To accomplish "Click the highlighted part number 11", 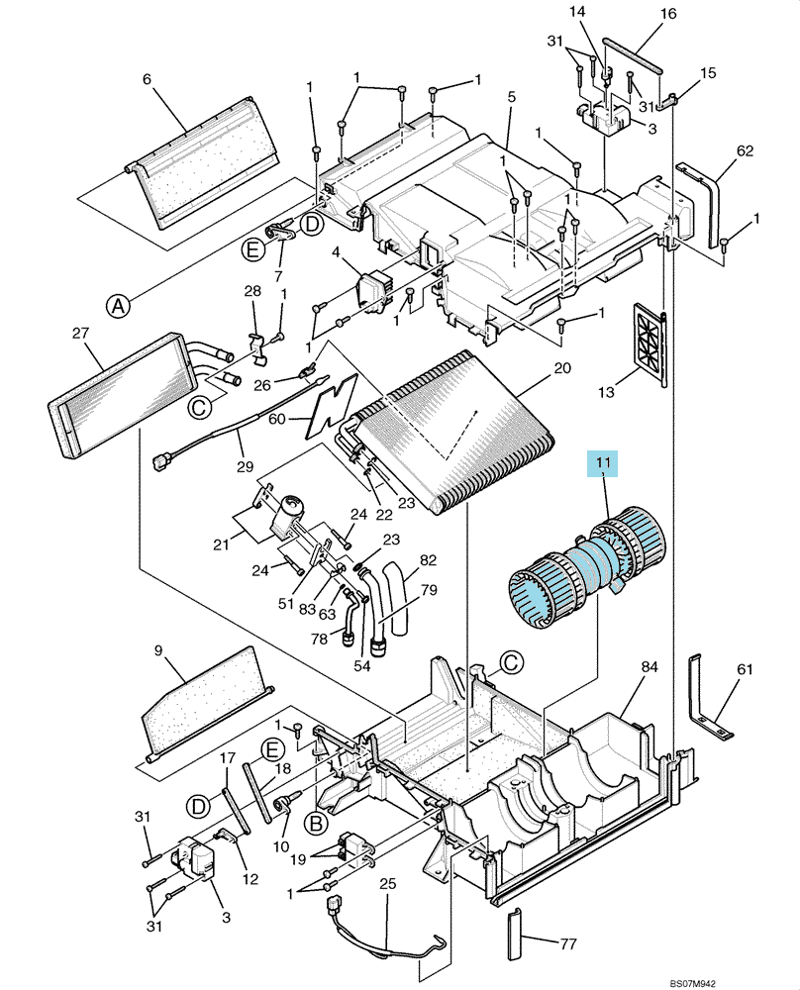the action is (x=603, y=463).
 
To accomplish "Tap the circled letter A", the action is (x=117, y=306).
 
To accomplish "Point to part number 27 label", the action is (x=81, y=333).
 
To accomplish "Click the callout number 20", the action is (x=562, y=367).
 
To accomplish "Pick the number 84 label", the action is (x=650, y=666).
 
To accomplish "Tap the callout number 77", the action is (x=568, y=944).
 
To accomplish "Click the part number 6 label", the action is (x=148, y=79).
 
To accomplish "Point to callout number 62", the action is (x=746, y=150).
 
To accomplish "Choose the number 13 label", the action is (x=606, y=392).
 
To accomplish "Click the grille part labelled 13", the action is (x=650, y=345).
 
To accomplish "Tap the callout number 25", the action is (x=388, y=883).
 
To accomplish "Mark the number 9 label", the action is (x=157, y=649).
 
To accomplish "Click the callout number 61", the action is (x=746, y=668).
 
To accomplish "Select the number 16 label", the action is (x=668, y=13).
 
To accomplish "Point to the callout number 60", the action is (x=277, y=419).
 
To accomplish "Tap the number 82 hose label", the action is (x=428, y=560).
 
